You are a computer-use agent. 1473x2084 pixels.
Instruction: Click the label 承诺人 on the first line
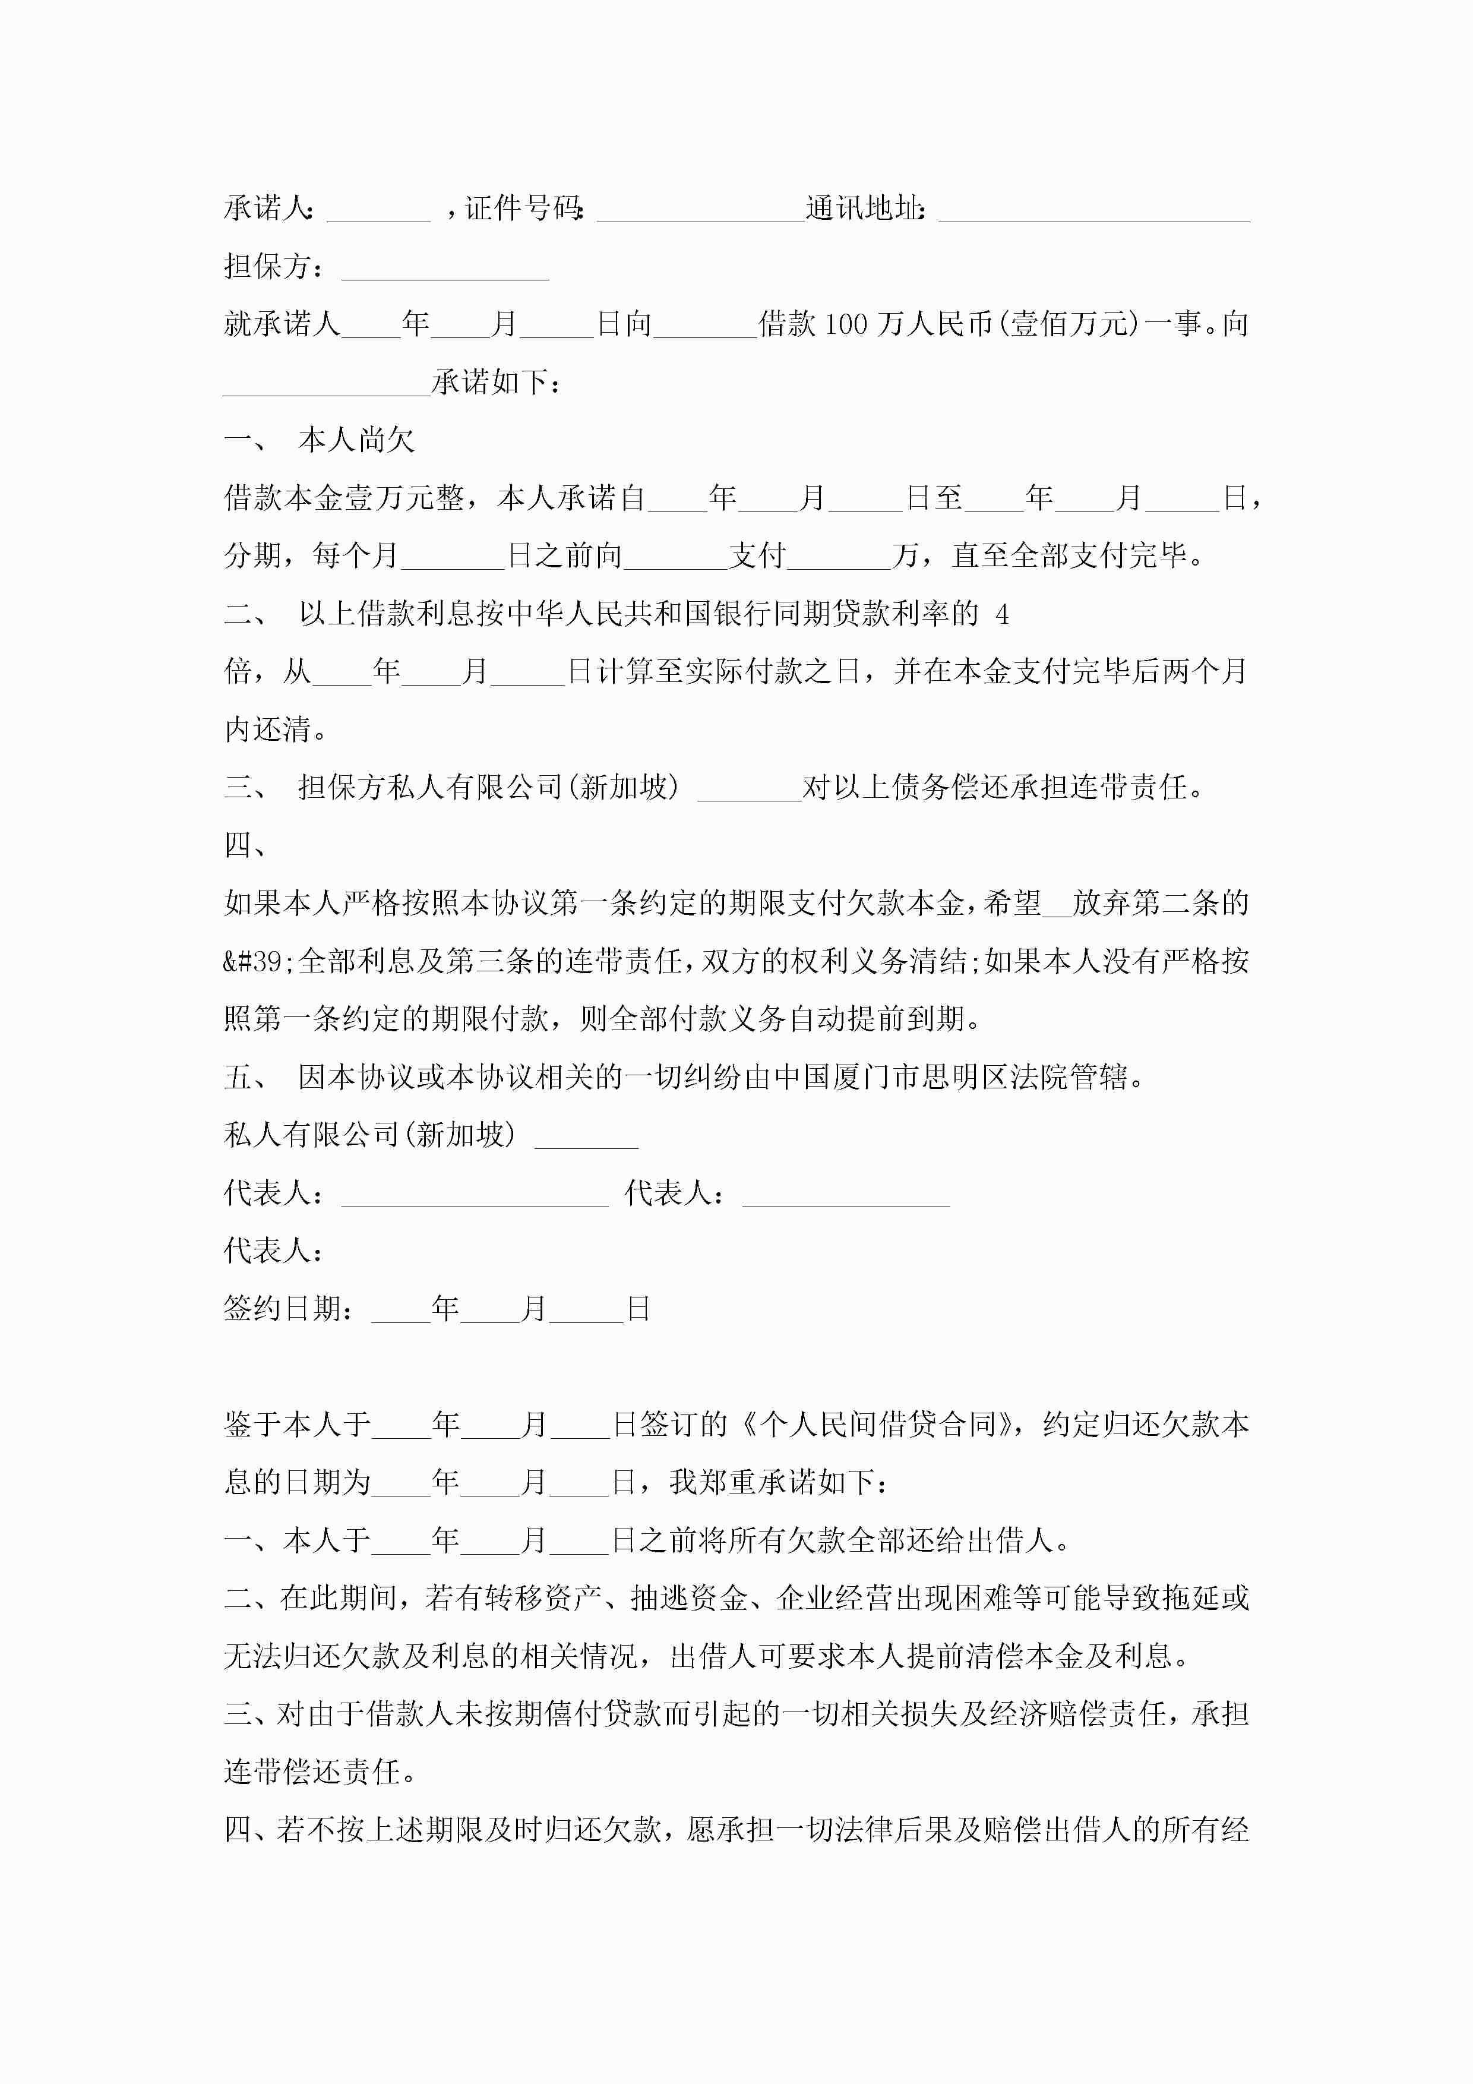coord(268,209)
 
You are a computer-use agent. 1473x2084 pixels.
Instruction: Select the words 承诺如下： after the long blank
coord(495,382)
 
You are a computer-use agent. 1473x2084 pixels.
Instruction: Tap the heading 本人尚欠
coord(356,440)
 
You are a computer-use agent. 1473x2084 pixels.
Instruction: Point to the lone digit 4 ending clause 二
coord(1002,614)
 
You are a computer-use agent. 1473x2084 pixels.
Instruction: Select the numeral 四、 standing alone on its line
coord(245,845)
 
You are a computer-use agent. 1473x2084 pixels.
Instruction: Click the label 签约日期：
coord(289,1309)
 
